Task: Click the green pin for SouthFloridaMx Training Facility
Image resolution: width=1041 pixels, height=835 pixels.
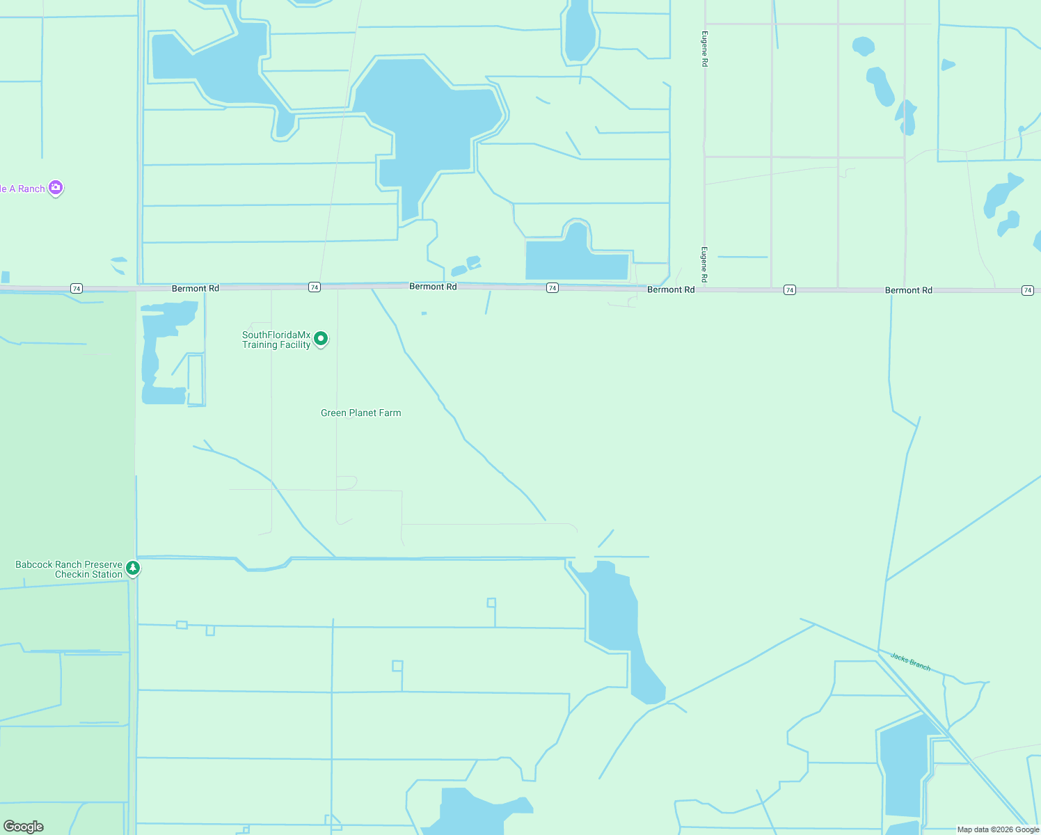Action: tap(321, 339)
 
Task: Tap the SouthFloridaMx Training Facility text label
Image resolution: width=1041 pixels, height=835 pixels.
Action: tap(276, 340)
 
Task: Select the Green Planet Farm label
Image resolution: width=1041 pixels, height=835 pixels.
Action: tap(360, 413)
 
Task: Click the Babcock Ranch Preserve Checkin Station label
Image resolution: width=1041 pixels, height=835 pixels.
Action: tap(69, 569)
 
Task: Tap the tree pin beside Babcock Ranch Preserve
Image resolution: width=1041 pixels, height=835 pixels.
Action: tap(133, 568)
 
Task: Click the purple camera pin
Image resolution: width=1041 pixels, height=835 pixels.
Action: tap(56, 188)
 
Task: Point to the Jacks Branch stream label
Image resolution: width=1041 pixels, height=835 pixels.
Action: tap(910, 661)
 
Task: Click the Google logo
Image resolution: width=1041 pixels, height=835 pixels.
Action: tap(23, 827)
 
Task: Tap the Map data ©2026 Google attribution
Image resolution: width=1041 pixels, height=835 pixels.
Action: tap(998, 829)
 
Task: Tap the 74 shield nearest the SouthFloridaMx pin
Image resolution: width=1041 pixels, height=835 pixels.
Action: tap(315, 287)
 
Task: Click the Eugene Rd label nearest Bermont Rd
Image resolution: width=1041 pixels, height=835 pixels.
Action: tap(704, 264)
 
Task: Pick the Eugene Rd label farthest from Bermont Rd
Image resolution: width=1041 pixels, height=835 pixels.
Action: tap(705, 49)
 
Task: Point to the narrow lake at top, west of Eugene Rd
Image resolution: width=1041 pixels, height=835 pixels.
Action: tap(578, 31)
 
